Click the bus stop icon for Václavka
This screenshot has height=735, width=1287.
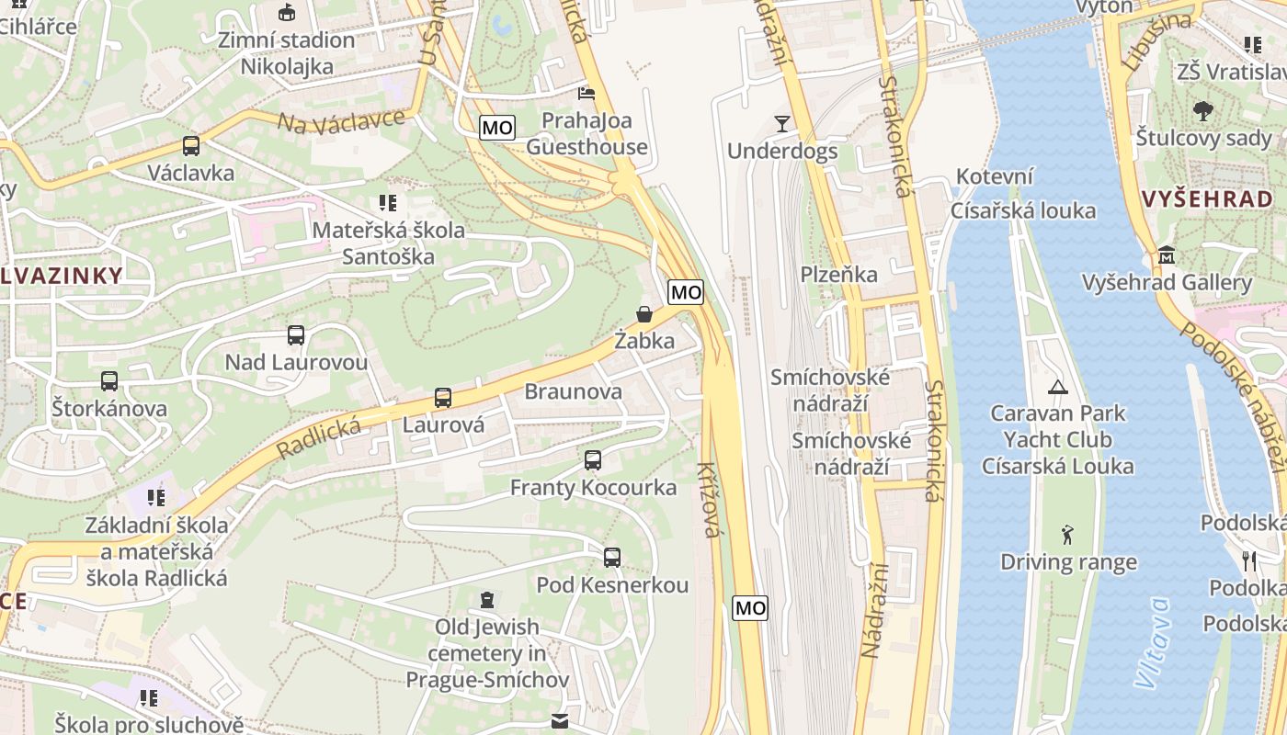(191, 145)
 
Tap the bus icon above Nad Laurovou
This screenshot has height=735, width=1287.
(296, 335)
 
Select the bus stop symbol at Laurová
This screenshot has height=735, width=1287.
(443, 398)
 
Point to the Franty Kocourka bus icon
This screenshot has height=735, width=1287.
(593, 460)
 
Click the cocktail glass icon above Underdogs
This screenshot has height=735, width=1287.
(782, 123)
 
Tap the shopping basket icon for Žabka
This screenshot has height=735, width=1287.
(644, 314)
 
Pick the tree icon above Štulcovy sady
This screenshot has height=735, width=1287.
(1202, 111)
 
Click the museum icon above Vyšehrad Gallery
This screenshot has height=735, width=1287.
(1167, 254)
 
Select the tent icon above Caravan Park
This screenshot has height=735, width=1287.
(1057, 387)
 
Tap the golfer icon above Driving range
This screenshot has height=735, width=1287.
(1066, 535)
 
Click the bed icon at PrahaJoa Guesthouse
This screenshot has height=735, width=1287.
(586, 93)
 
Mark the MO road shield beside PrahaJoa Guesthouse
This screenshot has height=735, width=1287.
(497, 128)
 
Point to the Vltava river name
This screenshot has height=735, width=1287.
(1153, 643)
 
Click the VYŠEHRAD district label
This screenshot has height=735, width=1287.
(1206, 198)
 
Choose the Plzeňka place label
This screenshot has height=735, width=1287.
(838, 274)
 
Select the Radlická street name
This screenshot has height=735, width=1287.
(319, 435)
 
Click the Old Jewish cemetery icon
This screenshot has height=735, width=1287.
(487, 600)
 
